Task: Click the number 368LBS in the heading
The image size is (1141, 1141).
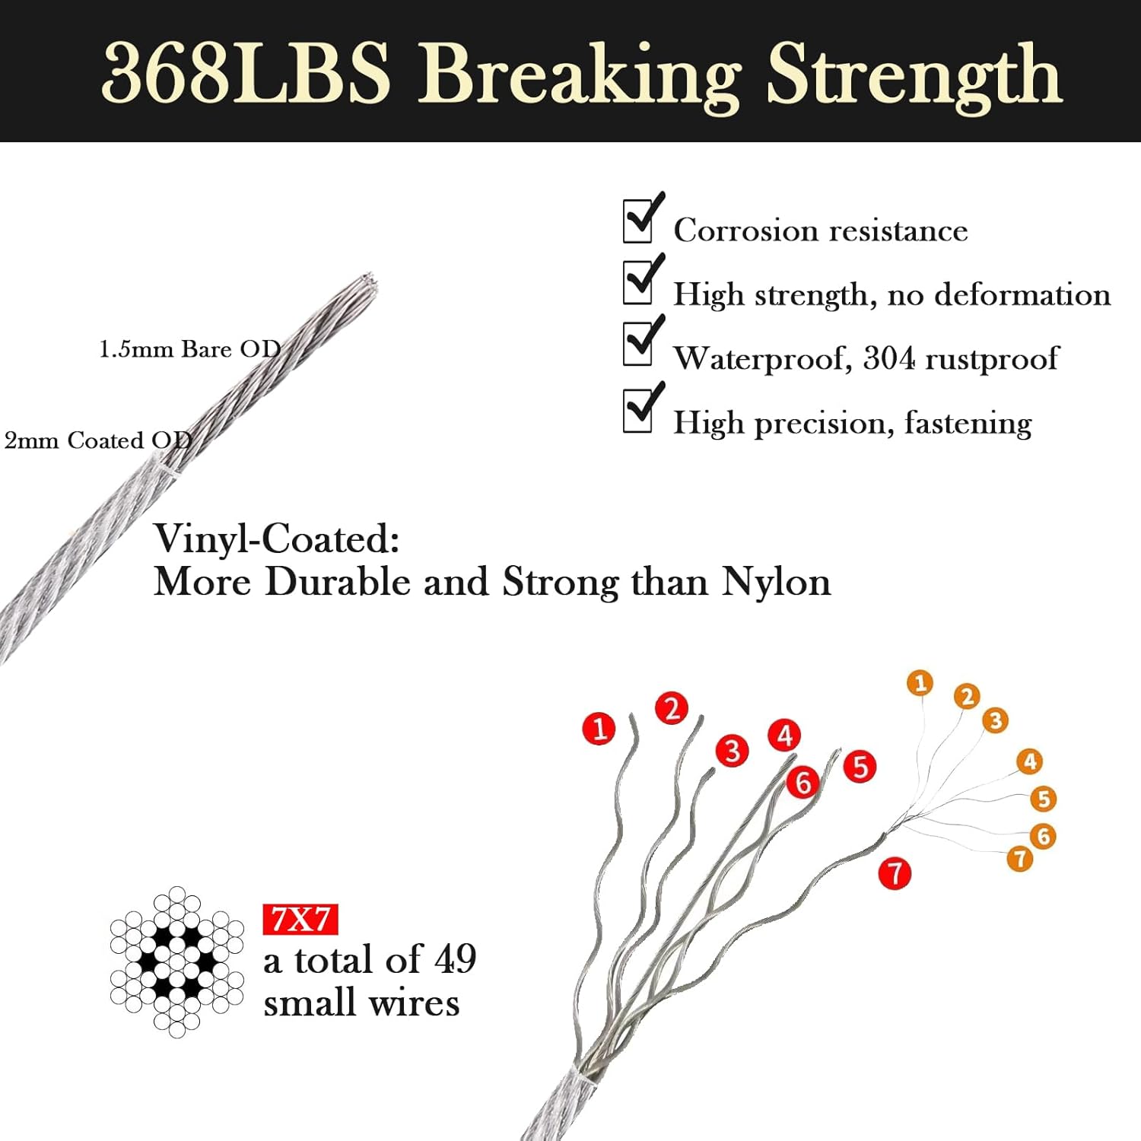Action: tap(246, 73)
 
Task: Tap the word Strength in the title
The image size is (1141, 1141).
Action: tap(914, 76)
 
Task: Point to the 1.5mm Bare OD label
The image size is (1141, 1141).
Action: tap(190, 349)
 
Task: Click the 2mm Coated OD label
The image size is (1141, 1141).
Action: tap(98, 440)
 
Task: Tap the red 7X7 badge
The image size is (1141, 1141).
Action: tap(300, 920)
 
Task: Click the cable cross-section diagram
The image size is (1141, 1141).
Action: tap(176, 961)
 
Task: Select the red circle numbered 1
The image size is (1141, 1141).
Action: tap(599, 728)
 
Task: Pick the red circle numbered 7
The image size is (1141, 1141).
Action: tap(895, 873)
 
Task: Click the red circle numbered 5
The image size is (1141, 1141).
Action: tap(860, 766)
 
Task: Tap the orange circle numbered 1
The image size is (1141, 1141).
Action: tap(920, 682)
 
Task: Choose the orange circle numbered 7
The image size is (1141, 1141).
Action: tap(1019, 859)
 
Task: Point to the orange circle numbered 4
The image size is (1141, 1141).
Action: tap(1030, 761)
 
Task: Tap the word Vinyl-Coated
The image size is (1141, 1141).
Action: tap(277, 540)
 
